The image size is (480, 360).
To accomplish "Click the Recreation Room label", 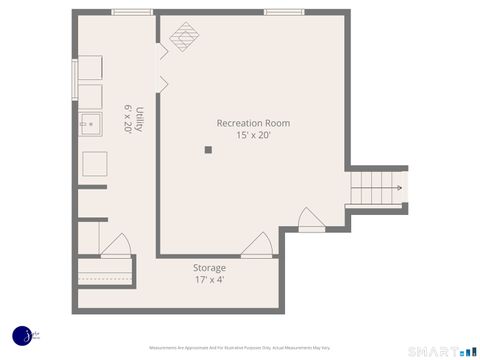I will point(254,123).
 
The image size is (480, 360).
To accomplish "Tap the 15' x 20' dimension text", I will point(254,135).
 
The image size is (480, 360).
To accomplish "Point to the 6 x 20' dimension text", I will point(128,119).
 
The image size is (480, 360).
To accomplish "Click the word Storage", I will point(209,268).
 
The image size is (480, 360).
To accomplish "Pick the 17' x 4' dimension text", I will point(209,280).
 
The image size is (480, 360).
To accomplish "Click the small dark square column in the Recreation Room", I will point(208,150).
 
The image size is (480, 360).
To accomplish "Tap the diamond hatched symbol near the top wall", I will point(183,38).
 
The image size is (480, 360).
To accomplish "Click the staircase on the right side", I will point(375,187).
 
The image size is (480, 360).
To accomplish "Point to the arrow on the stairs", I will point(398,187).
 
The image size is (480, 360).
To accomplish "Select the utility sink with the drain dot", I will point(91,126).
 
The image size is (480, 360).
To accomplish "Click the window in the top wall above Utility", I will point(131,12).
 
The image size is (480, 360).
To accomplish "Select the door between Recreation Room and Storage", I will point(256,246).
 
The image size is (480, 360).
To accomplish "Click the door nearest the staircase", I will point(312,221).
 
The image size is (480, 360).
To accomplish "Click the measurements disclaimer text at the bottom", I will point(240,348).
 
